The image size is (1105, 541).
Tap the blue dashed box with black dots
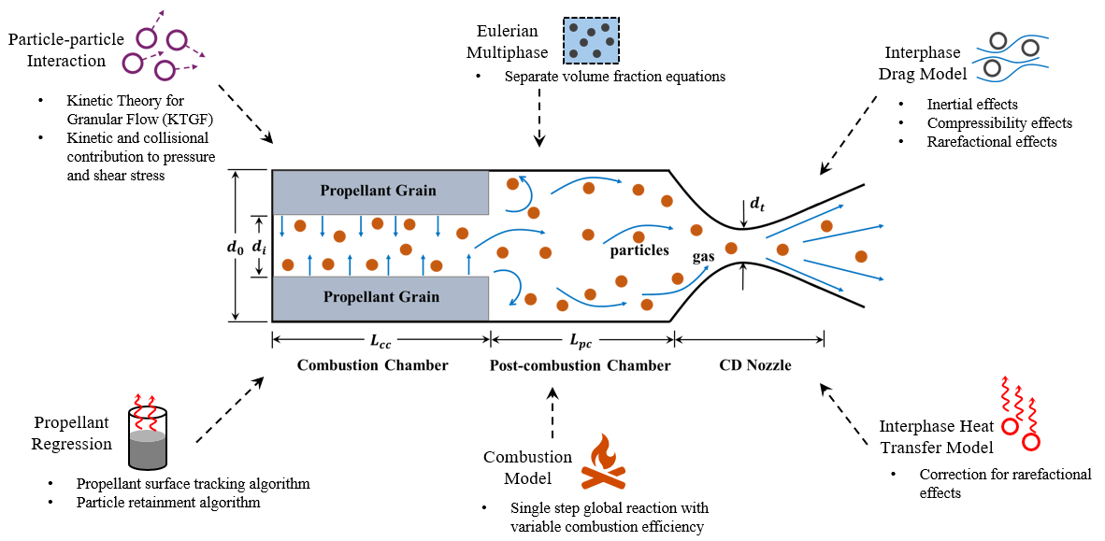tap(591, 39)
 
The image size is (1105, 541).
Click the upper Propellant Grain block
tap(379, 191)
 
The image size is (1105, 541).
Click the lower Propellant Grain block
tap(379, 297)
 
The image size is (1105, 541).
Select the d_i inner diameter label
tap(262, 247)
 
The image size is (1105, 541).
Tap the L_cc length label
tap(380, 343)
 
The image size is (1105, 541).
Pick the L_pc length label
tap(581, 343)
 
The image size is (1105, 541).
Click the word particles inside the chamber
tap(639, 250)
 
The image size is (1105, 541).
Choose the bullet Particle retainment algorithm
tap(168, 503)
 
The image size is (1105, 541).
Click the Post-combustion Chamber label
tap(580, 365)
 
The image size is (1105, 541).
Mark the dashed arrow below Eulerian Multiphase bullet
tap(539, 120)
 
